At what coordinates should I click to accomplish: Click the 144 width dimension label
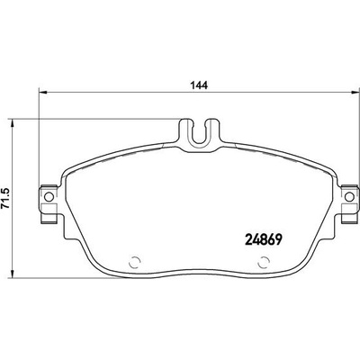(199, 85)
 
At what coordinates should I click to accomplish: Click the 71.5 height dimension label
(6, 198)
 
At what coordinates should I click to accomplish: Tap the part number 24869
(264, 239)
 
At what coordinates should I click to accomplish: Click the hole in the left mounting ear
(49, 197)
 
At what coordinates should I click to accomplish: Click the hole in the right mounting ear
(349, 197)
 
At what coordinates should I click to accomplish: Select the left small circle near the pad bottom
(134, 263)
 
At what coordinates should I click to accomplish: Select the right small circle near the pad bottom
(263, 263)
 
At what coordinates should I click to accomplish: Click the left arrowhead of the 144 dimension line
(43, 93)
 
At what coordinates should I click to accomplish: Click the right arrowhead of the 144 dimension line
(355, 93)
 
